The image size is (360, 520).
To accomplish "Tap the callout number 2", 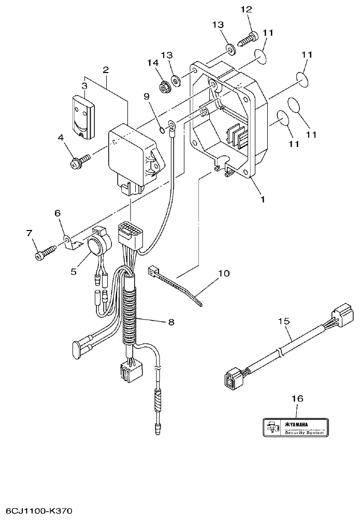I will tap(106, 69).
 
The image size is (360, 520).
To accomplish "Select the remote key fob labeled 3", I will tap(83, 117).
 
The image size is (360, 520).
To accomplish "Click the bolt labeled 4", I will tap(77, 163).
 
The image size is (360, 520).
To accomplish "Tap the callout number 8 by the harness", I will tap(171, 322).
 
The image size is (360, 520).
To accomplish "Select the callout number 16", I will tap(296, 399).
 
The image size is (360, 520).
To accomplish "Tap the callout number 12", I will tap(246, 9).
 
